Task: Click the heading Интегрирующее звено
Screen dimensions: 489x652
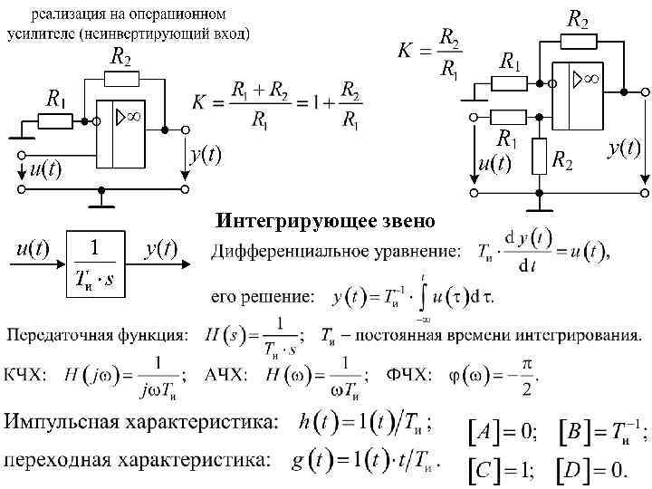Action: [x=325, y=221]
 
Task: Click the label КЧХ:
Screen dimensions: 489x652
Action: [x=29, y=375]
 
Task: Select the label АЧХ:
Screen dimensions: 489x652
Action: [x=227, y=375]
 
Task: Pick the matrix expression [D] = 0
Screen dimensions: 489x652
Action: [x=593, y=471]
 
